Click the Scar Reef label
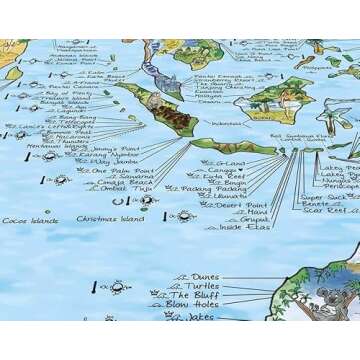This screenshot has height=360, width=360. (x=326, y=212)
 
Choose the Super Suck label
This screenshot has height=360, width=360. (x=324, y=198)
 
